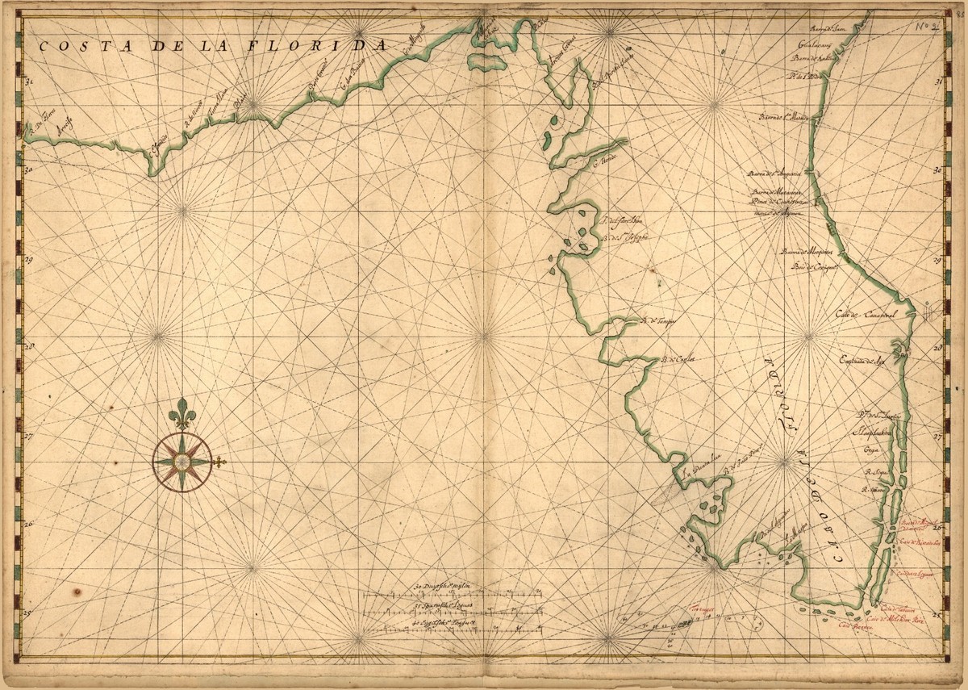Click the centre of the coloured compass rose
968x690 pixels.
[x=182, y=461]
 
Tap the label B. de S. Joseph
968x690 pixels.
[x=626, y=238]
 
